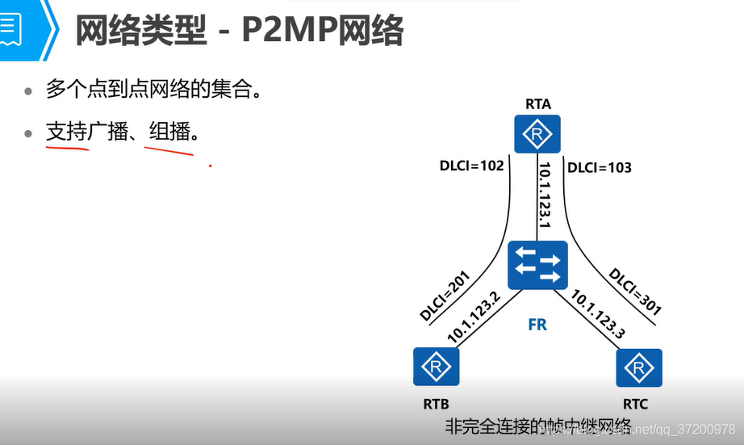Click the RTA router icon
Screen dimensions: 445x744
538,133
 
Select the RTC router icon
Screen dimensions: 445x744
639,368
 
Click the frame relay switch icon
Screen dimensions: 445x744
538,266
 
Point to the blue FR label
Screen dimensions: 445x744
537,325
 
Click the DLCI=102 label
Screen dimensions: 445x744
472,167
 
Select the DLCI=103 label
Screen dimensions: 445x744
600,168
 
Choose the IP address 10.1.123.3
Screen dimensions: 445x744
598,314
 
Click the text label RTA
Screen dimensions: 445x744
538,103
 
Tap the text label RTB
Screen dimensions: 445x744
435,404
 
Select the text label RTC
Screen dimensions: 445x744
635,404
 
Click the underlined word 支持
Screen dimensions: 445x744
67,132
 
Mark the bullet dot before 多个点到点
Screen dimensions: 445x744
29,91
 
